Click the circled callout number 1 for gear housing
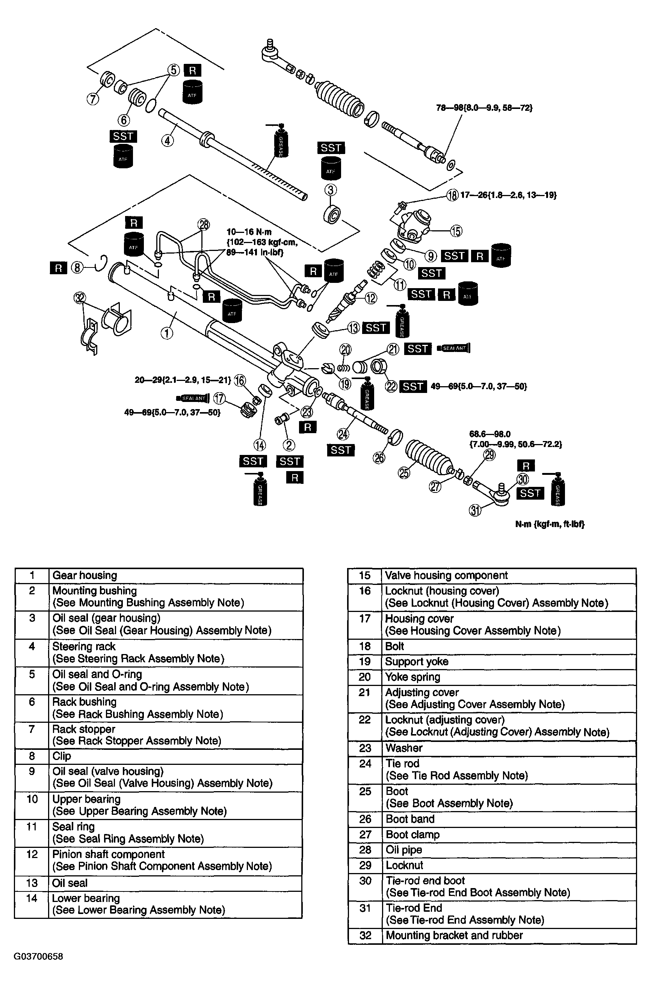pos(167,333)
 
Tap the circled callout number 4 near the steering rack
pos(167,141)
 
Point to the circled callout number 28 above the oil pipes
pos(204,225)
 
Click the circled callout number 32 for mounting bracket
pos(80,298)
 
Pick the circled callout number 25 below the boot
pos(404,473)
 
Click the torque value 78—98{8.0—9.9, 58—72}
pos(484,108)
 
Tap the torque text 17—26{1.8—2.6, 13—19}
pos(508,195)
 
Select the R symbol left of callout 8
pos(59,268)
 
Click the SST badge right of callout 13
pos(376,328)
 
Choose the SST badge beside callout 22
pos(413,387)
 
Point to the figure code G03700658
pos(38,956)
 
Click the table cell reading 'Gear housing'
pos(85,576)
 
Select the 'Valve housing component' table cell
pos(446,576)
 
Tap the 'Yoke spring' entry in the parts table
pos(413,677)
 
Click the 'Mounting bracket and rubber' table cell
pos(454,935)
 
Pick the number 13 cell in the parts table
pos(32,883)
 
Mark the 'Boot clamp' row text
pos(413,834)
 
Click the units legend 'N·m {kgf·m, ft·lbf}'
pos(550,524)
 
